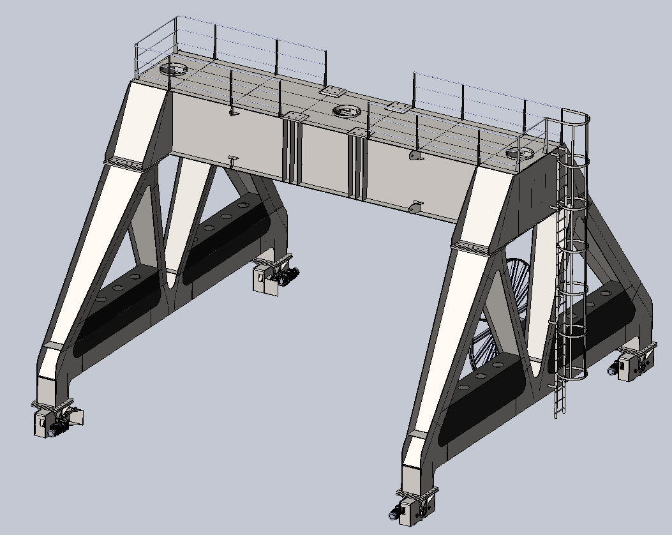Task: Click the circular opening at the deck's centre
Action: coord(346,112)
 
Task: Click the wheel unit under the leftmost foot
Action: coord(54,420)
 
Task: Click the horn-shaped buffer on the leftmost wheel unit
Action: coord(76,416)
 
